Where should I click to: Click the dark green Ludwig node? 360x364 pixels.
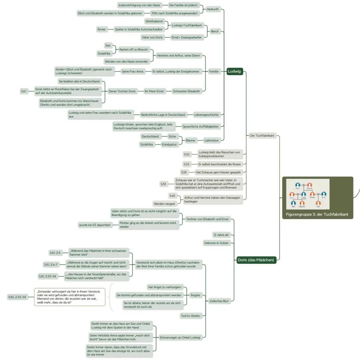pyautogui.click(x=234, y=71)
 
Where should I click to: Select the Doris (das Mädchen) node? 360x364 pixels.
pyautogui.click(x=256, y=260)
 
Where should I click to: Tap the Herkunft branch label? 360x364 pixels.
pyautogui.click(x=212, y=9)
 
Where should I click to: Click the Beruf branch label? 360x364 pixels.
pyautogui.click(x=214, y=31)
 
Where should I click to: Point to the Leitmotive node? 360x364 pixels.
pyautogui.click(x=211, y=140)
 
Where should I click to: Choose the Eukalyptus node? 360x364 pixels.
pyautogui.click(x=169, y=144)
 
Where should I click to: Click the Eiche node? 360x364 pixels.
pyautogui.click(x=172, y=136)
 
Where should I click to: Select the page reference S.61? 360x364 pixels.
pyautogui.click(x=24, y=91)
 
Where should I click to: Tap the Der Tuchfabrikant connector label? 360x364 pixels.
pyautogui.click(x=262, y=135)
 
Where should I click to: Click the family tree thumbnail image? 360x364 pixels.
pyautogui.click(x=308, y=194)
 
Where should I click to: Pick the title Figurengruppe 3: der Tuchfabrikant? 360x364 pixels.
pyautogui.click(x=317, y=215)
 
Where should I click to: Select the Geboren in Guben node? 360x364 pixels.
pyautogui.click(x=217, y=243)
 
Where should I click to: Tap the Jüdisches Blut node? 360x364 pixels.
pyautogui.click(x=219, y=301)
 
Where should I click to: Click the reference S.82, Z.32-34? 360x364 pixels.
pyautogui.click(x=17, y=297)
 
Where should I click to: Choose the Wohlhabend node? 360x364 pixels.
pyautogui.click(x=154, y=21)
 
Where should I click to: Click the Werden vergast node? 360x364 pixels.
pyautogui.click(x=164, y=204)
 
